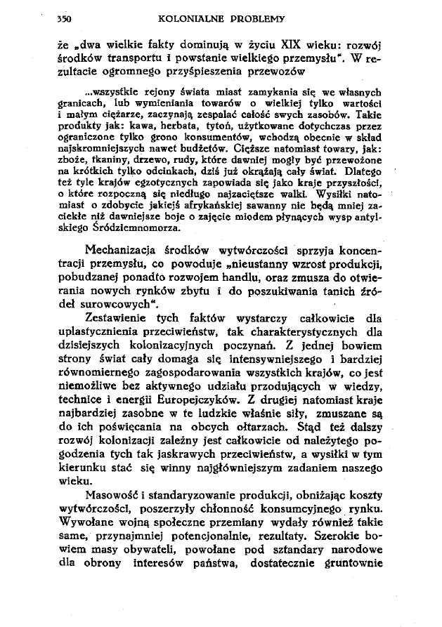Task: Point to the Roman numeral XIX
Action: coord(271,44)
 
